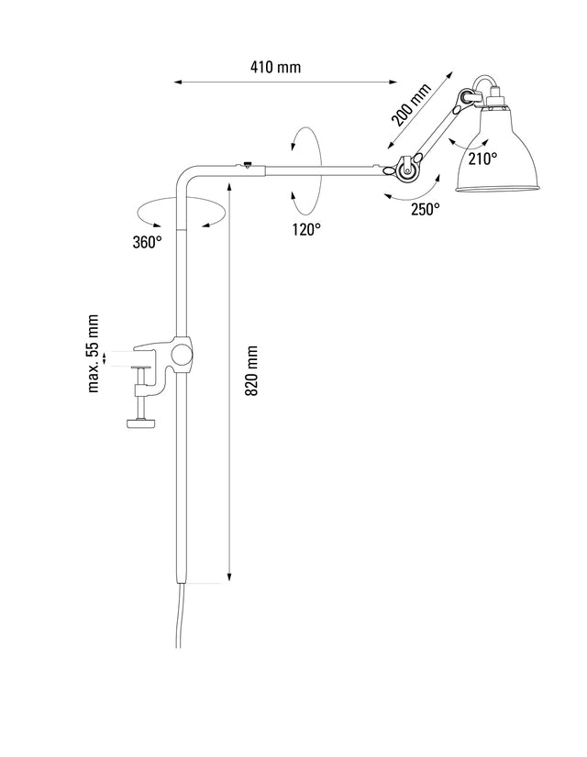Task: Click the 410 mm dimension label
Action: click(275, 67)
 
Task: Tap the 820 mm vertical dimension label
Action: click(252, 370)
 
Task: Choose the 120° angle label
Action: click(306, 229)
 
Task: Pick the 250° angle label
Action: click(425, 209)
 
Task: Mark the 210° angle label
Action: click(482, 158)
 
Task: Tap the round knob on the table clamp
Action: click(183, 354)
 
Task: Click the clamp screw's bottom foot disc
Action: click(141, 422)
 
